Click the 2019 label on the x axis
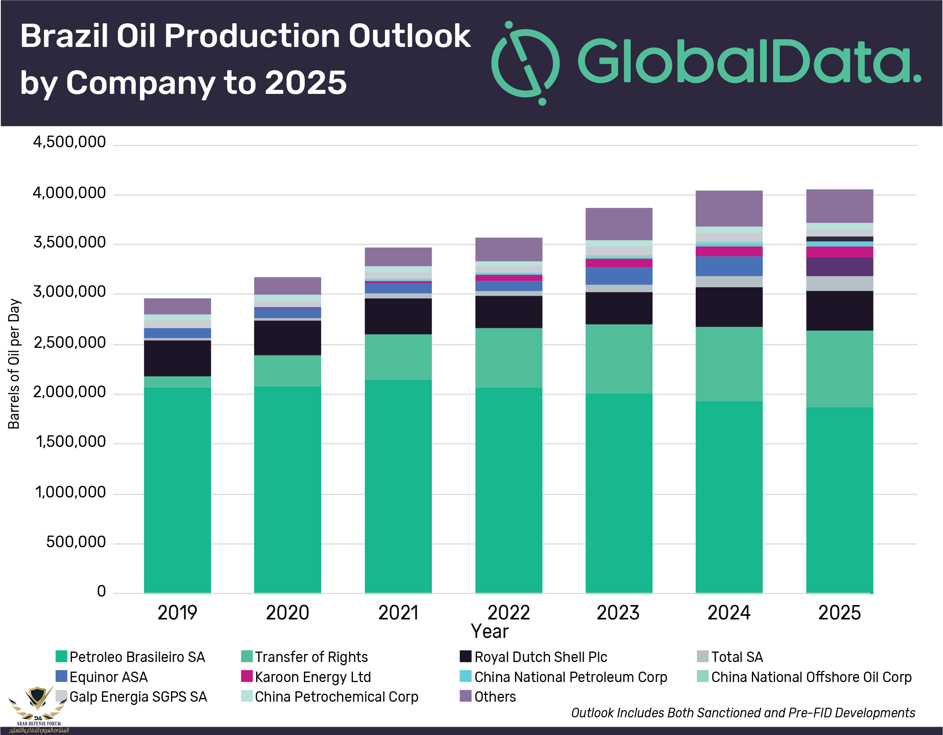coord(177,613)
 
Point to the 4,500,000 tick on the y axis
coord(69,142)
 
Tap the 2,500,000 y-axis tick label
coord(69,343)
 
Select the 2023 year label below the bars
coord(618,613)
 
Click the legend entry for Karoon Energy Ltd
coord(306,677)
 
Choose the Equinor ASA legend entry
coord(102,677)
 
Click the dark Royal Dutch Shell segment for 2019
coord(177,358)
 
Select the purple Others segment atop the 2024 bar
coord(729,208)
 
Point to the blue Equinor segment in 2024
coord(729,266)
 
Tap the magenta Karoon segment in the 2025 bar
coord(839,252)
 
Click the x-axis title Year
coord(490,631)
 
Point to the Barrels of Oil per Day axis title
coord(14,363)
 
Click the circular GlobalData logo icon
coord(525,63)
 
